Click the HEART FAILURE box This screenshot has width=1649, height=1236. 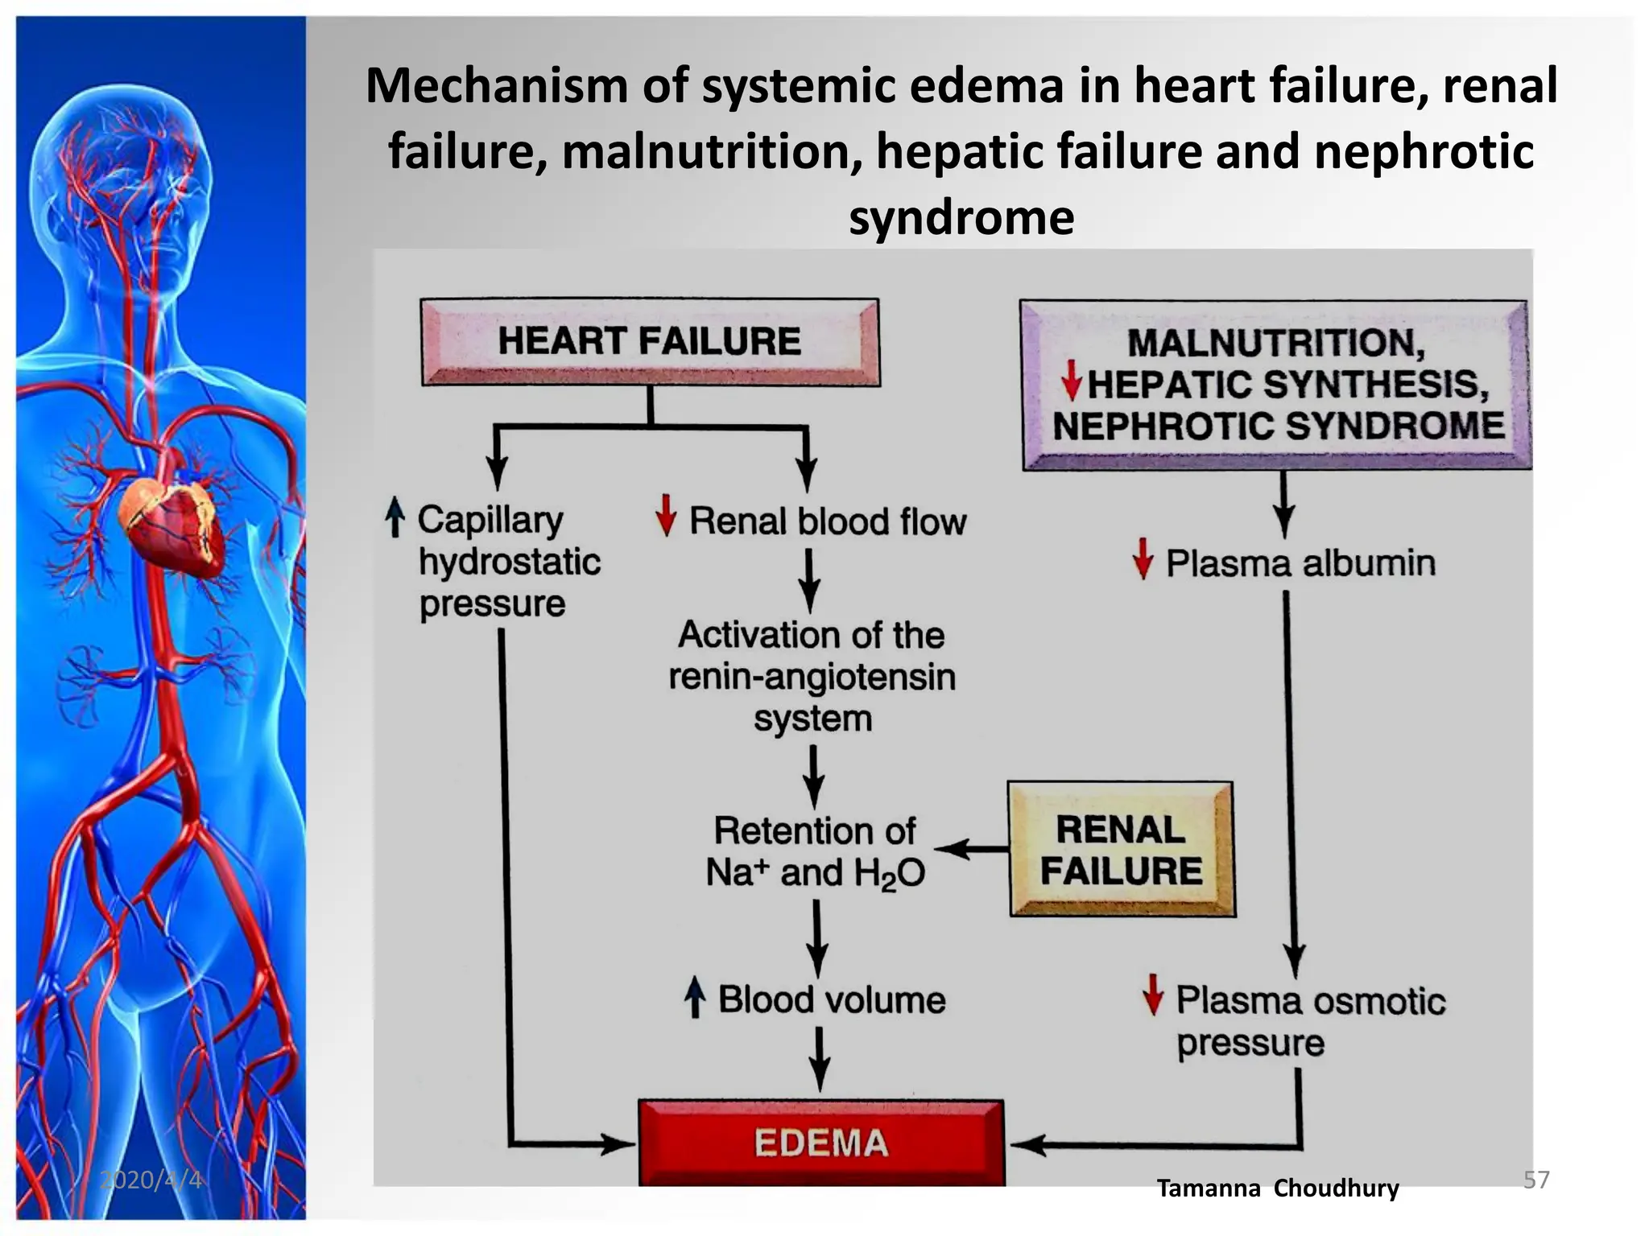650,341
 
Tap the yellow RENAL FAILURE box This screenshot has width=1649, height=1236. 1121,850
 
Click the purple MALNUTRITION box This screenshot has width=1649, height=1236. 1276,385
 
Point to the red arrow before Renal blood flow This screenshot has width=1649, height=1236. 666,516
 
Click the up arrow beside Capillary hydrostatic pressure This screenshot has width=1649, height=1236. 395,517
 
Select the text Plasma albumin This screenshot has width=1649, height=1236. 1300,563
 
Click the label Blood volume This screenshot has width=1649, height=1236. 831,1000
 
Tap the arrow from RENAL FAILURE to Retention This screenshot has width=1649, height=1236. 971,848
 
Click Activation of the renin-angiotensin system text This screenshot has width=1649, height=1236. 812,676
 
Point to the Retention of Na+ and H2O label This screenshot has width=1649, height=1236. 815,851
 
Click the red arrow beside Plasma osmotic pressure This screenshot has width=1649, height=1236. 1153,995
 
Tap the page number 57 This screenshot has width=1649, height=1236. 1536,1180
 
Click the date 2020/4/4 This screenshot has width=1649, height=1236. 151,1180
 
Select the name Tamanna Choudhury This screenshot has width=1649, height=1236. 1278,1188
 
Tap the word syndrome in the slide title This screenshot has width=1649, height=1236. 961,217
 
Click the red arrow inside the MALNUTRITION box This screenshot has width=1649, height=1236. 1071,381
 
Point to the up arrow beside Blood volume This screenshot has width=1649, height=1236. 695,998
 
